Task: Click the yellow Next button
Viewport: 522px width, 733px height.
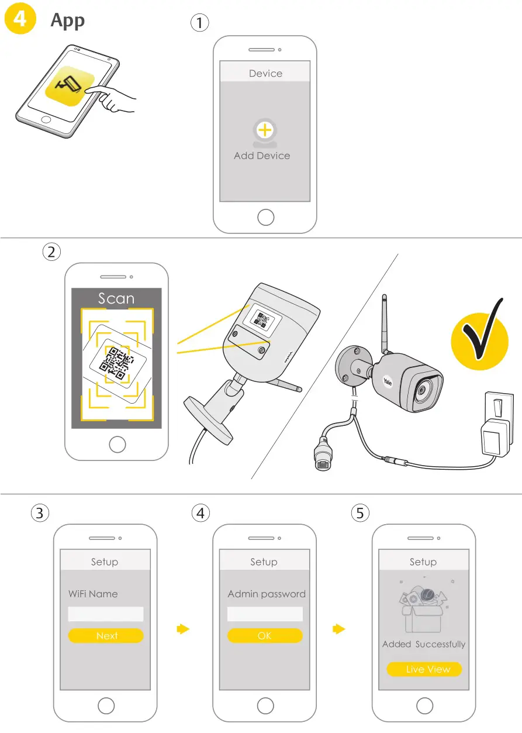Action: coord(106,636)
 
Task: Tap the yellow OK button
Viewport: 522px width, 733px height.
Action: coord(265,636)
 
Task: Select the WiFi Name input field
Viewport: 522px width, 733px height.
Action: coord(106,614)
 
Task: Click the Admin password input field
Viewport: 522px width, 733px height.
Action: coord(265,614)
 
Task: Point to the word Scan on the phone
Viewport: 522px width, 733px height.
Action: coord(116,298)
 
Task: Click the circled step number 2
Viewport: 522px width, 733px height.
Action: coord(51,252)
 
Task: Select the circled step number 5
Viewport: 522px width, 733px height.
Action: coord(359,513)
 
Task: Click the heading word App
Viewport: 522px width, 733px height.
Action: coord(67,20)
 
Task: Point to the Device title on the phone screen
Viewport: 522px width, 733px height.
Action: coord(265,74)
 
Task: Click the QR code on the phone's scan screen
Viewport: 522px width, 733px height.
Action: coord(115,363)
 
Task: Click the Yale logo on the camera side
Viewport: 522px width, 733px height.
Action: coord(388,381)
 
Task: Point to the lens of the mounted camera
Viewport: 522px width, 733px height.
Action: coord(421,390)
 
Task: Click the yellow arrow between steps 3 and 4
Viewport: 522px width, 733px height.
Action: coord(183,629)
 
